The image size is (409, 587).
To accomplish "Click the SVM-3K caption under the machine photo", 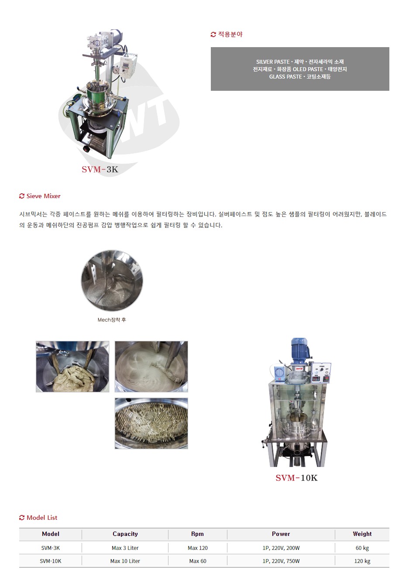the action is coord(100,169).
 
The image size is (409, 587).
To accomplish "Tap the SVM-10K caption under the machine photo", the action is coord(296,478).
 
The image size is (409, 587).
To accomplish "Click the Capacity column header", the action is coord(125,534).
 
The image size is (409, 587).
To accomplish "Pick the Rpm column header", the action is coord(197,534).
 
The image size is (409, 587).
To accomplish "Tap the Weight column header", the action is coord(362,534).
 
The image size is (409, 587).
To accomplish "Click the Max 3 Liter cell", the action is coord(125,548).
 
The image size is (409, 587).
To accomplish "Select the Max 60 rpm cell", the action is coord(198,561).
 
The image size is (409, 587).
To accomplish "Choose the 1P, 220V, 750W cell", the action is coord(281,561).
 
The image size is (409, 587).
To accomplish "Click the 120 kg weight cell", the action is coord(362,561).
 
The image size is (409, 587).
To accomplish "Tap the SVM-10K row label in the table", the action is coord(50,561).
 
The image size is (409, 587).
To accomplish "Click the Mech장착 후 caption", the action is coord(112,320).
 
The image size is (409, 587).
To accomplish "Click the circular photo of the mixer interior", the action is coord(112,281).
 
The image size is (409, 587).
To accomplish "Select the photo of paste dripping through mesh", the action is coord(151,423).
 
